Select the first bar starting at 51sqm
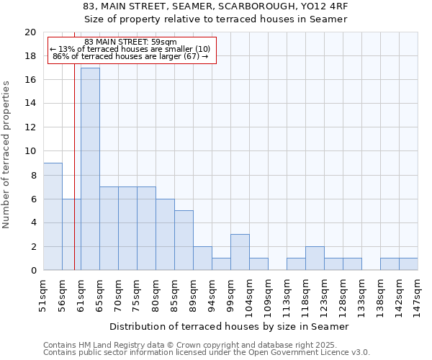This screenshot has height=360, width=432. click(53, 217)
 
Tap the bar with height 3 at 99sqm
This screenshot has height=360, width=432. click(240, 252)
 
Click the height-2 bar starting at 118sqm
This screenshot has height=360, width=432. click(315, 258)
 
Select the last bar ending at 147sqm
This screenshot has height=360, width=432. click(408, 264)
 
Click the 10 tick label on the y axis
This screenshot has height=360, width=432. click(30, 151)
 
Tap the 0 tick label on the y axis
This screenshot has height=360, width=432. click(32, 271)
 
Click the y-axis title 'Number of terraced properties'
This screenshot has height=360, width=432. click(6, 155)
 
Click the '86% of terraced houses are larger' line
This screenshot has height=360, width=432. click(130, 56)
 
